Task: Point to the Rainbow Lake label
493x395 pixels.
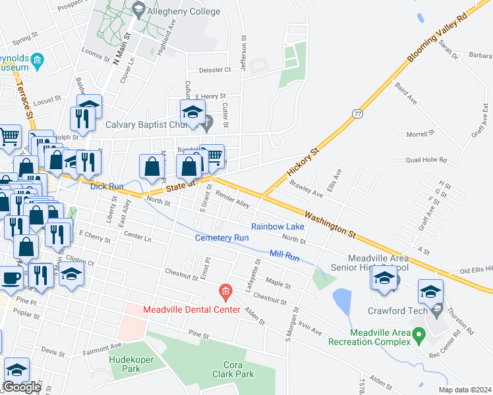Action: click(277, 226)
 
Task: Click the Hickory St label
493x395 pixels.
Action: click(303, 161)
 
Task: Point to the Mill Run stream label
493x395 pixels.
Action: click(285, 254)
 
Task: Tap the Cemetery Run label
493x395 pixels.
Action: click(221, 237)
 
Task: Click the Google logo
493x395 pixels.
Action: click(22, 387)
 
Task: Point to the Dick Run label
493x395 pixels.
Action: click(107, 186)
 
